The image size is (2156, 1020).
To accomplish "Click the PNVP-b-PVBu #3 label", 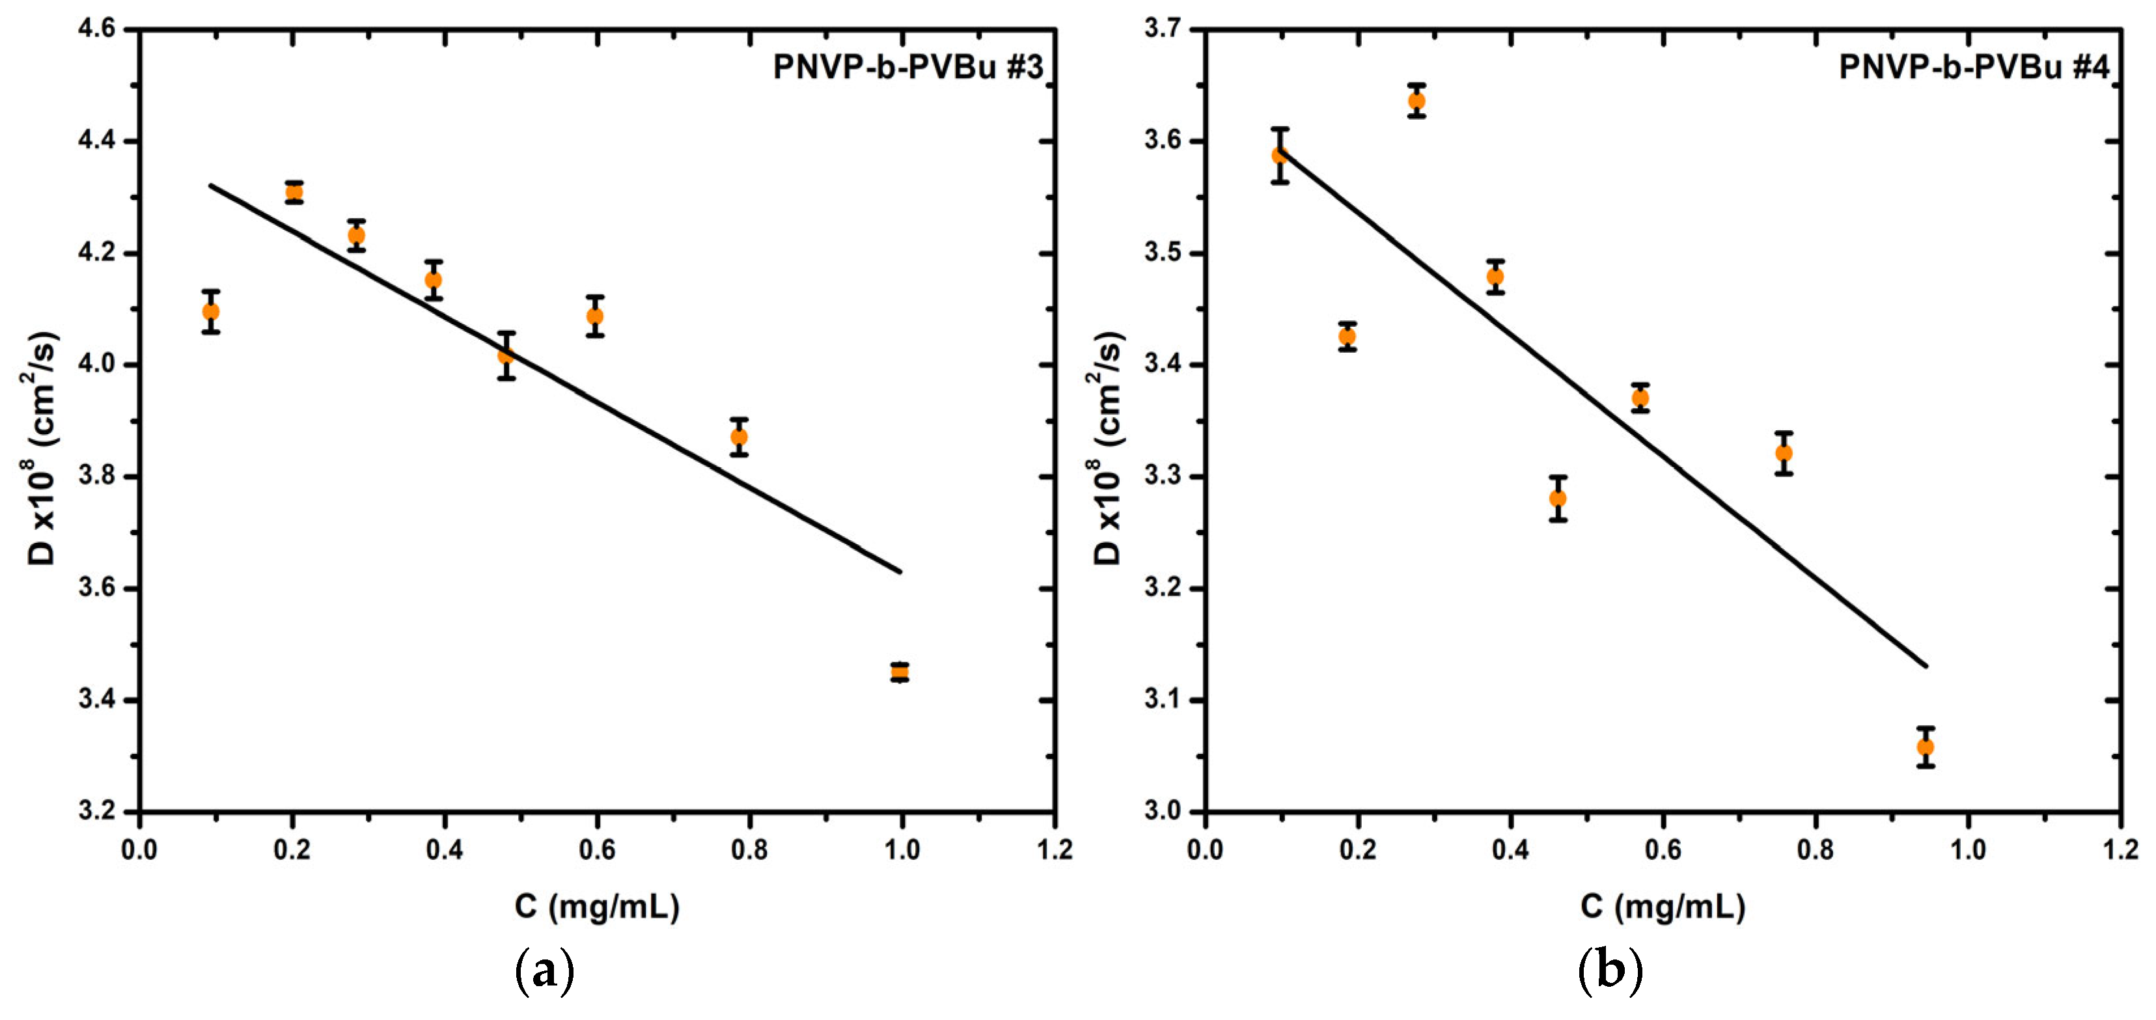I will (908, 67).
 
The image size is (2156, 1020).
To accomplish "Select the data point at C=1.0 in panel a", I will (900, 672).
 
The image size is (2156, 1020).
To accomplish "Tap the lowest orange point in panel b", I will (1925, 747).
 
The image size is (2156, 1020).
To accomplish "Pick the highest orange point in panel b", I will (1416, 100).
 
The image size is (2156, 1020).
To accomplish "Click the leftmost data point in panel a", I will (211, 311).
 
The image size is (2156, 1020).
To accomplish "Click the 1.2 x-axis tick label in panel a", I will (1055, 851).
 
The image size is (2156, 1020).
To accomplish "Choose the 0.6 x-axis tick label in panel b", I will (1662, 851).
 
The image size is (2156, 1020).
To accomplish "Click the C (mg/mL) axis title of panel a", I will (597, 907).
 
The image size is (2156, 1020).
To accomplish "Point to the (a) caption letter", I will (545, 971).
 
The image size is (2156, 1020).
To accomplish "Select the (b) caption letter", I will (1610, 971).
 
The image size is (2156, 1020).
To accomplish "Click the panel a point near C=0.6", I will (595, 316).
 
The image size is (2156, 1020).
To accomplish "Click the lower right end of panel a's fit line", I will (900, 572).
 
